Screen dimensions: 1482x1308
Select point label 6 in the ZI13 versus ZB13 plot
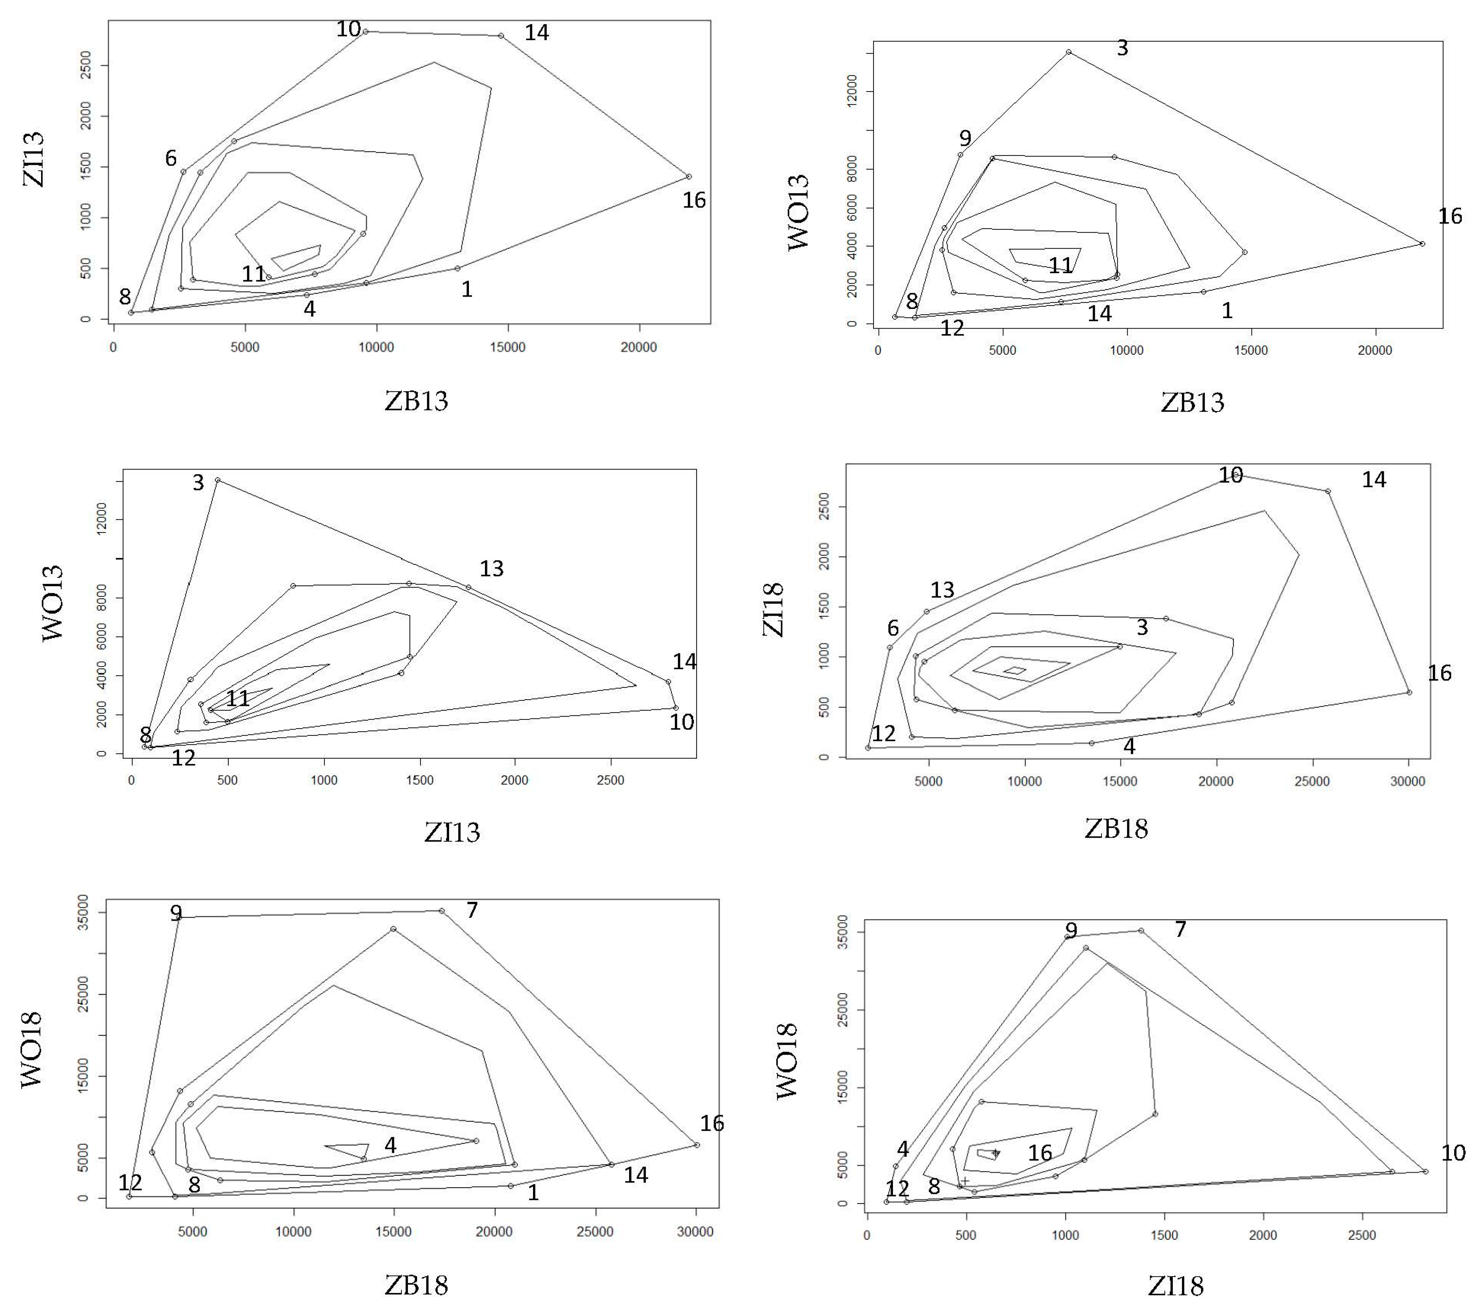point(171,158)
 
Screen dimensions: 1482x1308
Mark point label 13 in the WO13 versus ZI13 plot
point(492,568)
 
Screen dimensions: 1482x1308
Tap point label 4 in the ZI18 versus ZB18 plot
point(1129,746)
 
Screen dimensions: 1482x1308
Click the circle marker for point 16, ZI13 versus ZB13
point(689,176)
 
